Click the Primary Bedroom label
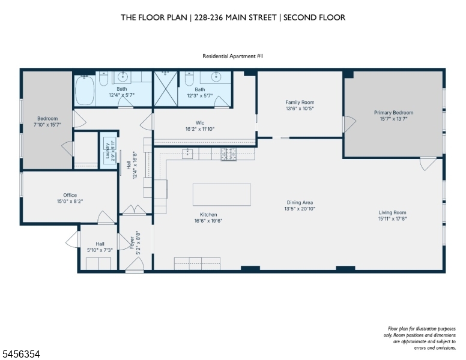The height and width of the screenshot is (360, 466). point(393,113)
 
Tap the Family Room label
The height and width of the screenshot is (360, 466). point(300,102)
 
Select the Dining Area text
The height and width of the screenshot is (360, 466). point(300,203)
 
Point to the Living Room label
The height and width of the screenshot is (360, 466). point(392,212)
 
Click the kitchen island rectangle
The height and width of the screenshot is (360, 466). point(222,194)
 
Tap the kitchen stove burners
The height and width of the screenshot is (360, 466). point(229,154)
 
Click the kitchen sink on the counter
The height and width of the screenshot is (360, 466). point(187,154)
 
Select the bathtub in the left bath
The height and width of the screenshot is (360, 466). point(85,90)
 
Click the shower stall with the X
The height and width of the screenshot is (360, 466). point(166,89)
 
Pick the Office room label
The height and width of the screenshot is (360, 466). point(70,195)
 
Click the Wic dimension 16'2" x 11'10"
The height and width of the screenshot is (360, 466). point(200,129)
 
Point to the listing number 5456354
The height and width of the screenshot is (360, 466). point(21,354)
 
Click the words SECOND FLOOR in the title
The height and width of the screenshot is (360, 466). point(315,17)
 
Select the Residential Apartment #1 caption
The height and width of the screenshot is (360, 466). point(233,56)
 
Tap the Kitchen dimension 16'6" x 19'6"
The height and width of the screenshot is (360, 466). point(208,221)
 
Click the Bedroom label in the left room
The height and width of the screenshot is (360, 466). point(47,119)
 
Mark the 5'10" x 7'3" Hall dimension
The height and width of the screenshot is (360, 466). point(100,250)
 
